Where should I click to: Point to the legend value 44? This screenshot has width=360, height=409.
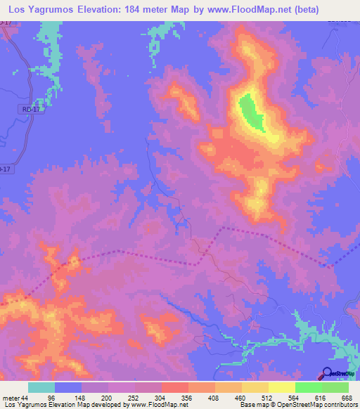(x=25, y=396)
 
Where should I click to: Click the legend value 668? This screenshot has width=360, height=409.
(x=347, y=396)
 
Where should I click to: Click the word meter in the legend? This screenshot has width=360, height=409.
(x=10, y=396)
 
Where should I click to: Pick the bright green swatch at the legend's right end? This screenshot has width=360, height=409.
(x=335, y=387)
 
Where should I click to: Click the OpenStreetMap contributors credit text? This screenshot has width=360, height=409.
(x=314, y=405)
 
